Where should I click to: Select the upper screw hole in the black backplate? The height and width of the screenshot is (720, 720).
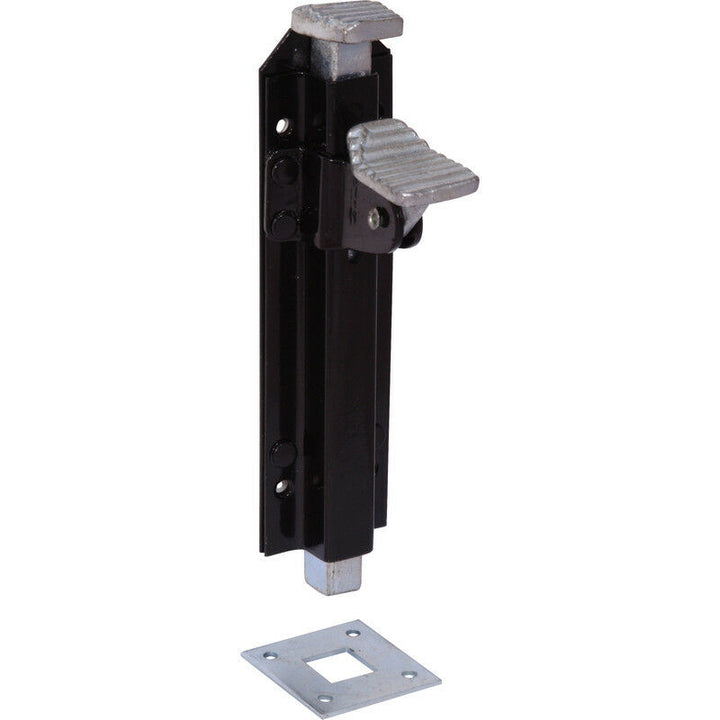click(282, 126)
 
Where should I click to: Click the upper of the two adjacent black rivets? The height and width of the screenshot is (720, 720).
click(284, 171)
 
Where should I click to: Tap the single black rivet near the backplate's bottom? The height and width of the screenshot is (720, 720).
click(283, 453)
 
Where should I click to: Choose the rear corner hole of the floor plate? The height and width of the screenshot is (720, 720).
click(351, 633)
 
